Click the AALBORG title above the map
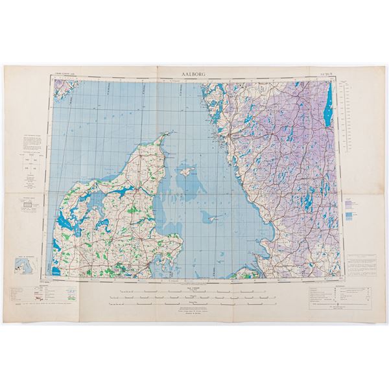(194, 75)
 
